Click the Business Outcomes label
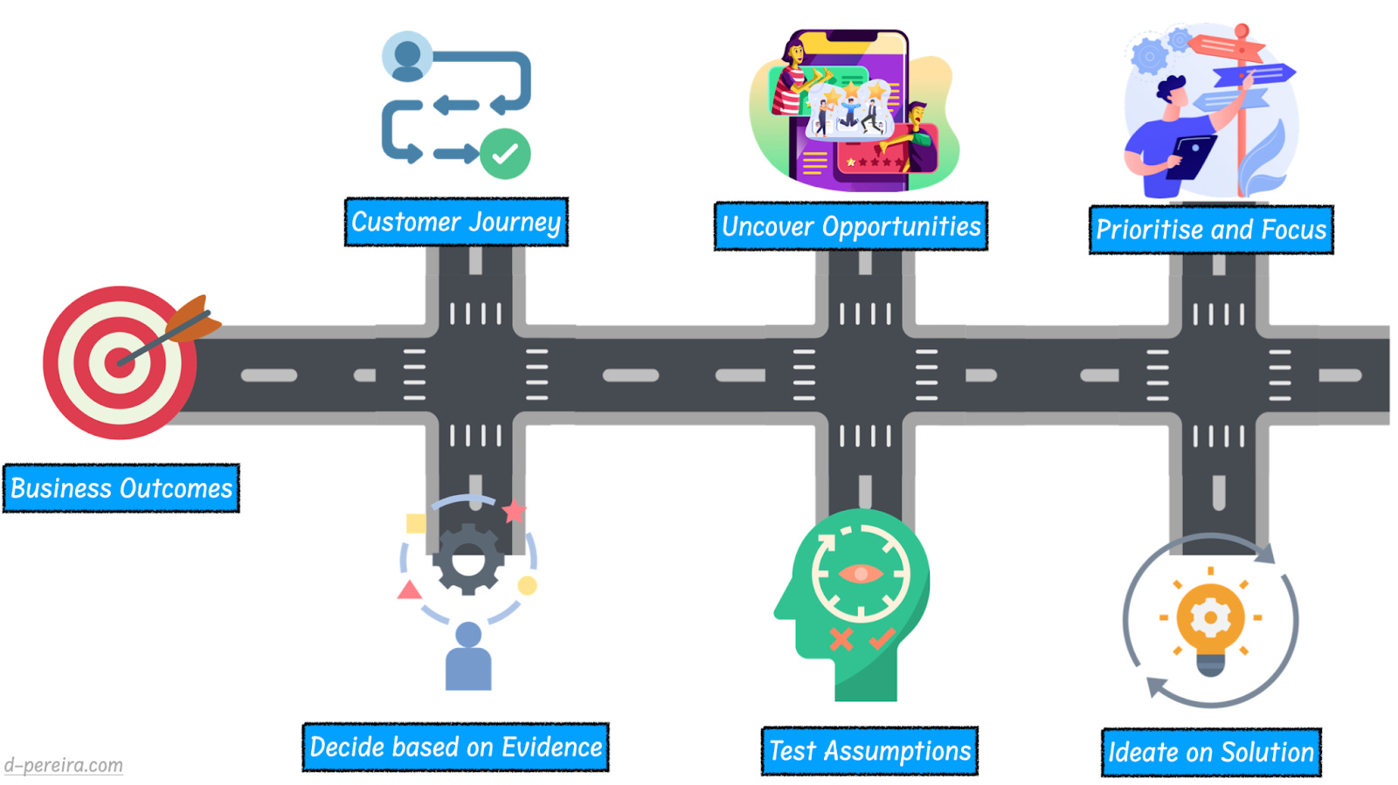click(121, 488)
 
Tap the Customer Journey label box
click(456, 222)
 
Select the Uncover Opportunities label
click(851, 227)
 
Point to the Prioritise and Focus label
click(1211, 230)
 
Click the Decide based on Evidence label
click(455, 747)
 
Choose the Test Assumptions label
click(869, 751)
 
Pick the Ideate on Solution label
click(1211, 753)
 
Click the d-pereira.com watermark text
click(63, 765)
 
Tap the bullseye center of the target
click(119, 362)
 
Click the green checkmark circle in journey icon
click(505, 154)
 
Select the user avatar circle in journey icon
click(407, 57)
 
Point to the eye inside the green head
click(861, 574)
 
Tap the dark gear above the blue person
click(468, 559)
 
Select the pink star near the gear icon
click(515, 511)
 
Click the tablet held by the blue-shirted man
click(1192, 156)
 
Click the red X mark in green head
click(841, 639)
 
